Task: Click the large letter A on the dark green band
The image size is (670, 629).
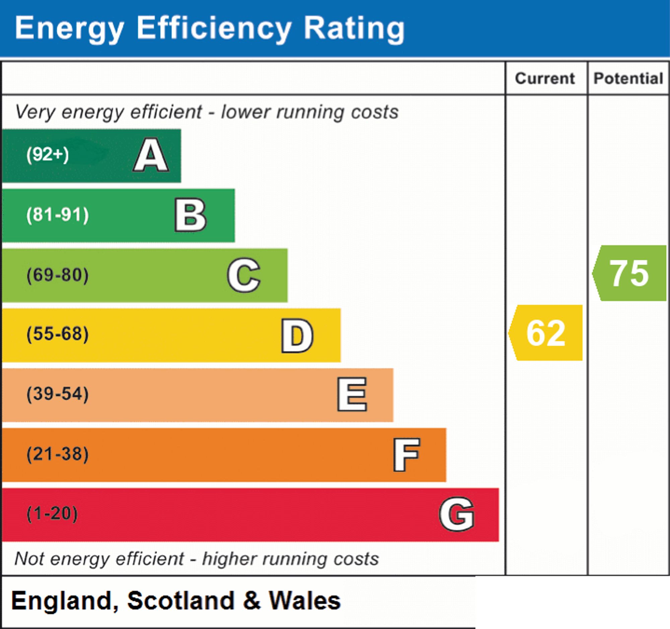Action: pyautogui.click(x=151, y=155)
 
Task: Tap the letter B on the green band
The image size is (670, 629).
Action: pyautogui.click(x=190, y=215)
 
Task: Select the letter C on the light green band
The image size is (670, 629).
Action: pyautogui.click(x=244, y=275)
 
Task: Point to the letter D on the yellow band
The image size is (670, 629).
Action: pyautogui.click(x=297, y=336)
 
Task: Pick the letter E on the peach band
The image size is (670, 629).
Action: pyautogui.click(x=352, y=394)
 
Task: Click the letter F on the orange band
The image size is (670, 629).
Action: pyautogui.click(x=406, y=455)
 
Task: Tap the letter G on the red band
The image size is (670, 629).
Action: pyautogui.click(x=457, y=514)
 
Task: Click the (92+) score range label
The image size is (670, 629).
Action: pyautogui.click(x=48, y=155)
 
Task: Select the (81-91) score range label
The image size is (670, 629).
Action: pyautogui.click(x=58, y=215)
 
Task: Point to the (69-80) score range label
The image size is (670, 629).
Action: pyautogui.click(x=58, y=275)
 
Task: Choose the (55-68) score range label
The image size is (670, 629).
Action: pyautogui.click(x=58, y=334)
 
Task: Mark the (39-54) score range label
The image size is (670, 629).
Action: pyautogui.click(x=58, y=394)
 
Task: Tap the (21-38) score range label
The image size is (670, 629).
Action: pyautogui.click(x=58, y=454)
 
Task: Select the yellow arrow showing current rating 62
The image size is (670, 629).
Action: pyautogui.click(x=545, y=333)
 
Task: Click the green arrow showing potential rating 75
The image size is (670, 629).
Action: pyautogui.click(x=629, y=273)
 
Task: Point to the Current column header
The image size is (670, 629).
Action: pyautogui.click(x=545, y=78)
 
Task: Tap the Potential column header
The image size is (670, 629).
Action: pyautogui.click(x=628, y=78)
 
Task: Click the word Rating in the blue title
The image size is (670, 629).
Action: pyautogui.click(x=354, y=30)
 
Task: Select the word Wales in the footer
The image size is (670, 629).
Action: pyautogui.click(x=305, y=601)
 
